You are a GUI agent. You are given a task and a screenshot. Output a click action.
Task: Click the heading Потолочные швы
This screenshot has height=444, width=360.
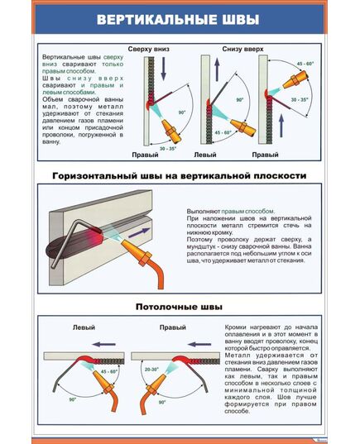click(x=180, y=307)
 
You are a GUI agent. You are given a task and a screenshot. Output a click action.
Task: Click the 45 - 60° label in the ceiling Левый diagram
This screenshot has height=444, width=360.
click(x=108, y=373)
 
